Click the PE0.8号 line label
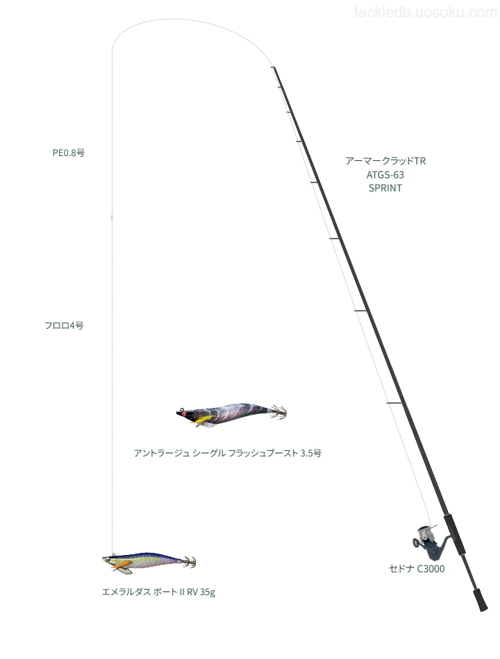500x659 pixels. [69, 153]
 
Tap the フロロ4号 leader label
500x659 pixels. [64, 325]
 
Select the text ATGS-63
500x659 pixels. [385, 174]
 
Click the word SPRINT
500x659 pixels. [385, 188]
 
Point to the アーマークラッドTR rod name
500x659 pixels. [385, 161]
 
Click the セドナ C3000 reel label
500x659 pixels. [417, 569]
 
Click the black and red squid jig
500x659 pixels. [231, 414]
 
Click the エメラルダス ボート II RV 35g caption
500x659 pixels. [158, 592]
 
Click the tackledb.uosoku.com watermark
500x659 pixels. [426, 12]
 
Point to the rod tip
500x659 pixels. [273, 67]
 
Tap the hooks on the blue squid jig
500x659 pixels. [190, 562]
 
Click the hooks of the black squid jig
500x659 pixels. [278, 411]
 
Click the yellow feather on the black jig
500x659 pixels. [200, 420]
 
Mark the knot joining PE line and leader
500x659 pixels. [112, 217]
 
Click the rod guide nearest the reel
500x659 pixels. [394, 404]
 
